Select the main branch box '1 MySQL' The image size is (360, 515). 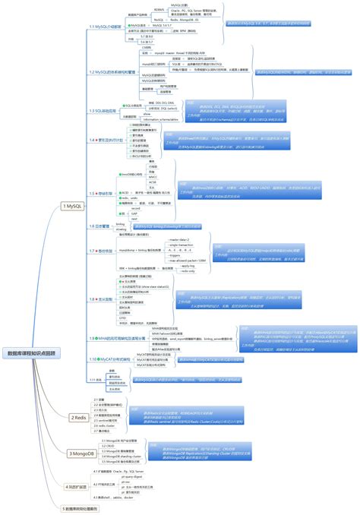(x=74, y=205)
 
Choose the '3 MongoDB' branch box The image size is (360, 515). (x=81, y=453)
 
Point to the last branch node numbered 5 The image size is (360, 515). (x=81, y=507)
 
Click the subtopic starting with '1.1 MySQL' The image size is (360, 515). (x=107, y=27)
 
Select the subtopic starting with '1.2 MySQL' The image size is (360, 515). (x=112, y=71)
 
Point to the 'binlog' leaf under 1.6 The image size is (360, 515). (x=121, y=224)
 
